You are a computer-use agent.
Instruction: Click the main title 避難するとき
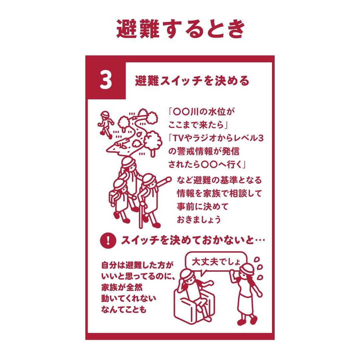coord(181,29)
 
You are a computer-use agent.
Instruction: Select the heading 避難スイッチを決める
coord(192,81)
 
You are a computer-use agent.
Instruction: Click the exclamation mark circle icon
coord(108,240)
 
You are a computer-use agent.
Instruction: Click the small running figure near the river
coord(106,124)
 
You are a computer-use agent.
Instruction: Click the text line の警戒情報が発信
coord(204,152)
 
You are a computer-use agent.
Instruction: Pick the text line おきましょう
coord(199,219)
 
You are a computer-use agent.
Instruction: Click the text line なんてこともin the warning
coord(124,310)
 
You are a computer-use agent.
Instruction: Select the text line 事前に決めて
coord(202,206)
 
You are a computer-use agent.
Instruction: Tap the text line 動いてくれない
coord(129,298)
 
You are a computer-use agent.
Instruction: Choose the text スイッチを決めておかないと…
coord(193,240)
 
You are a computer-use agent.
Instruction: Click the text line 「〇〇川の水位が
coord(201,112)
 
